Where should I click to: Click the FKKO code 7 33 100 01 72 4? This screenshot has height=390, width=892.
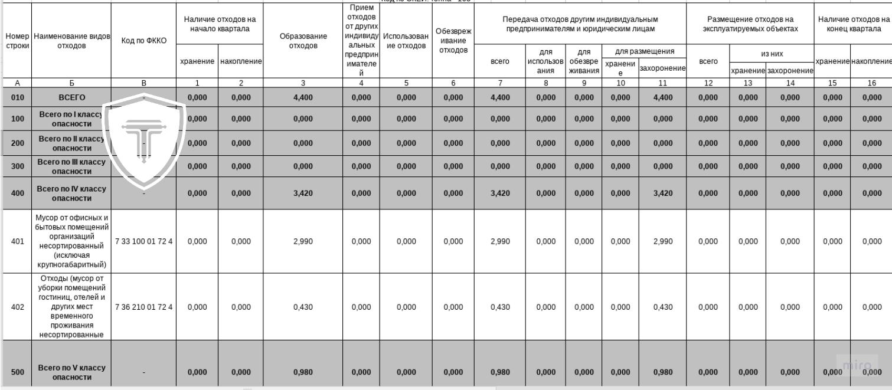(x=144, y=241)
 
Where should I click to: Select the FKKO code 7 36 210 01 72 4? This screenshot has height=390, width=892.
(x=144, y=307)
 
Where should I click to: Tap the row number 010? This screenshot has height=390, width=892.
(x=17, y=97)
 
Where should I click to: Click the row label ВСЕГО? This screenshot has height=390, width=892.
(x=71, y=97)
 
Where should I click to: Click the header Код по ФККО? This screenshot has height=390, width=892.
(x=143, y=41)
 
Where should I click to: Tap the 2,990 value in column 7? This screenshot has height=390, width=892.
(x=500, y=241)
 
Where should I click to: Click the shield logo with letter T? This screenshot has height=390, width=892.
(x=144, y=142)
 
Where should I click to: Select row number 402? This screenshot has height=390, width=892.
(x=17, y=307)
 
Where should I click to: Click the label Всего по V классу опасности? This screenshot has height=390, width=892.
(x=71, y=372)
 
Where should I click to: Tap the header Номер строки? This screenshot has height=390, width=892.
(x=17, y=41)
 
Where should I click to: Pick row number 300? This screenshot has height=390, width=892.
(x=17, y=166)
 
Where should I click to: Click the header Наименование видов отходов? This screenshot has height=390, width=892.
(x=71, y=41)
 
